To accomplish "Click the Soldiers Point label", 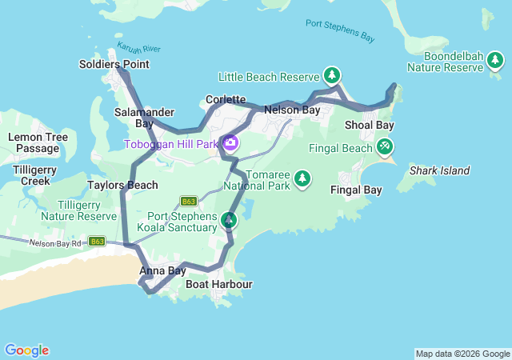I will point(114,64).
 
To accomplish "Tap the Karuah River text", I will point(133,50).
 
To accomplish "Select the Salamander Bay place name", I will point(134,118).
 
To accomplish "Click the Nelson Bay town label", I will point(292,109).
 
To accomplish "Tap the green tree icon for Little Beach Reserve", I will point(332,76).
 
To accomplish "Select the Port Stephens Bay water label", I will point(340,30).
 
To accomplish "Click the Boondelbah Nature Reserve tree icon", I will point(497,62).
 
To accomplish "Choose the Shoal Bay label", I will point(369,126).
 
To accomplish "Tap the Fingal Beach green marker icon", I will point(386,147).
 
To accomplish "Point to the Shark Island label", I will point(439,170).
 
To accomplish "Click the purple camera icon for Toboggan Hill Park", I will point(230,143).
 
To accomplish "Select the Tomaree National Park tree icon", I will point(302,178).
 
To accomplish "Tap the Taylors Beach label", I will point(122,185).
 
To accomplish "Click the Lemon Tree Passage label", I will point(38,142).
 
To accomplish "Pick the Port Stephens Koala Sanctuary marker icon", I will point(230,220).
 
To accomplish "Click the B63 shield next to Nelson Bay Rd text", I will point(97,241).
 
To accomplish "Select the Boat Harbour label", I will point(218,284).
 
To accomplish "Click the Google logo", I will point(26,350).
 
